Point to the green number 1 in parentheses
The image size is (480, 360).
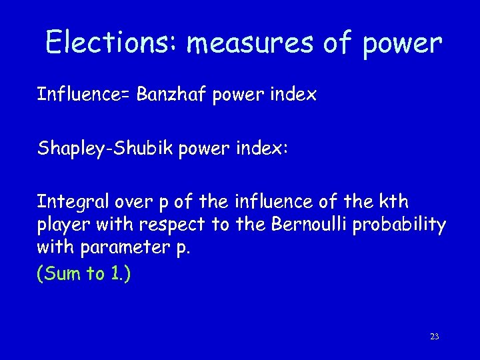click(116, 275)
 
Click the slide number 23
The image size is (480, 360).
click(434, 337)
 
